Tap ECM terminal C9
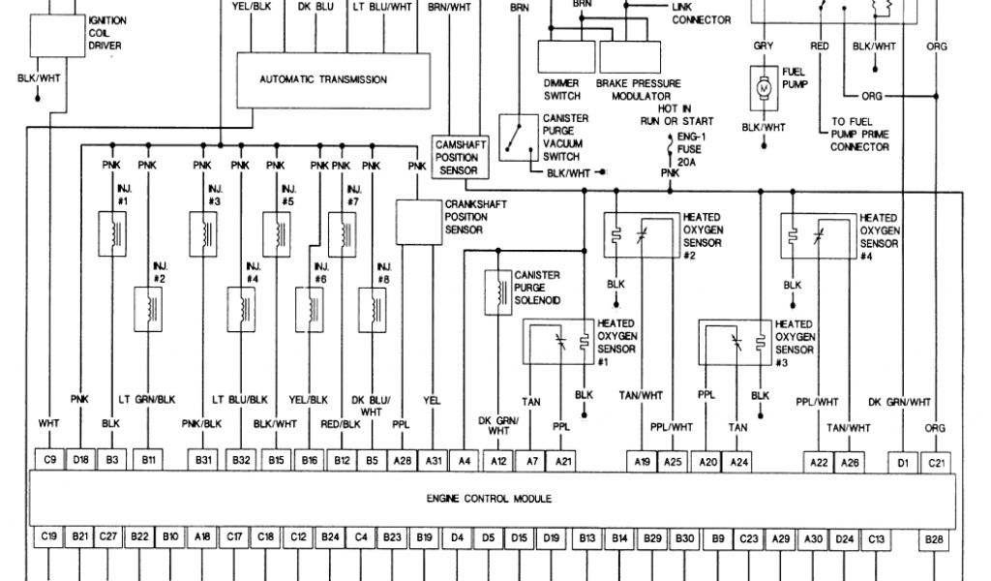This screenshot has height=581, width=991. click(x=48, y=460)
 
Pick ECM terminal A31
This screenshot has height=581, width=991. click(x=435, y=460)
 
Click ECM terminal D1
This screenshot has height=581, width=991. click(x=902, y=460)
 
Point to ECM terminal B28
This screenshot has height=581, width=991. click(x=934, y=535)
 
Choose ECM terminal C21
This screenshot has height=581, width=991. click(x=935, y=460)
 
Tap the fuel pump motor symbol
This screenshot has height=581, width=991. click(x=761, y=88)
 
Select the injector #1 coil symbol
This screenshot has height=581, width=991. click(x=115, y=233)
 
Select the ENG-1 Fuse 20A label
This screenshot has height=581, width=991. click(x=688, y=152)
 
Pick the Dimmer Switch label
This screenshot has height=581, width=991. click(x=562, y=90)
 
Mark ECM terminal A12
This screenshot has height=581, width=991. click(x=498, y=460)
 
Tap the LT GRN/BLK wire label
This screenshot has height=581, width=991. click(x=147, y=400)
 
